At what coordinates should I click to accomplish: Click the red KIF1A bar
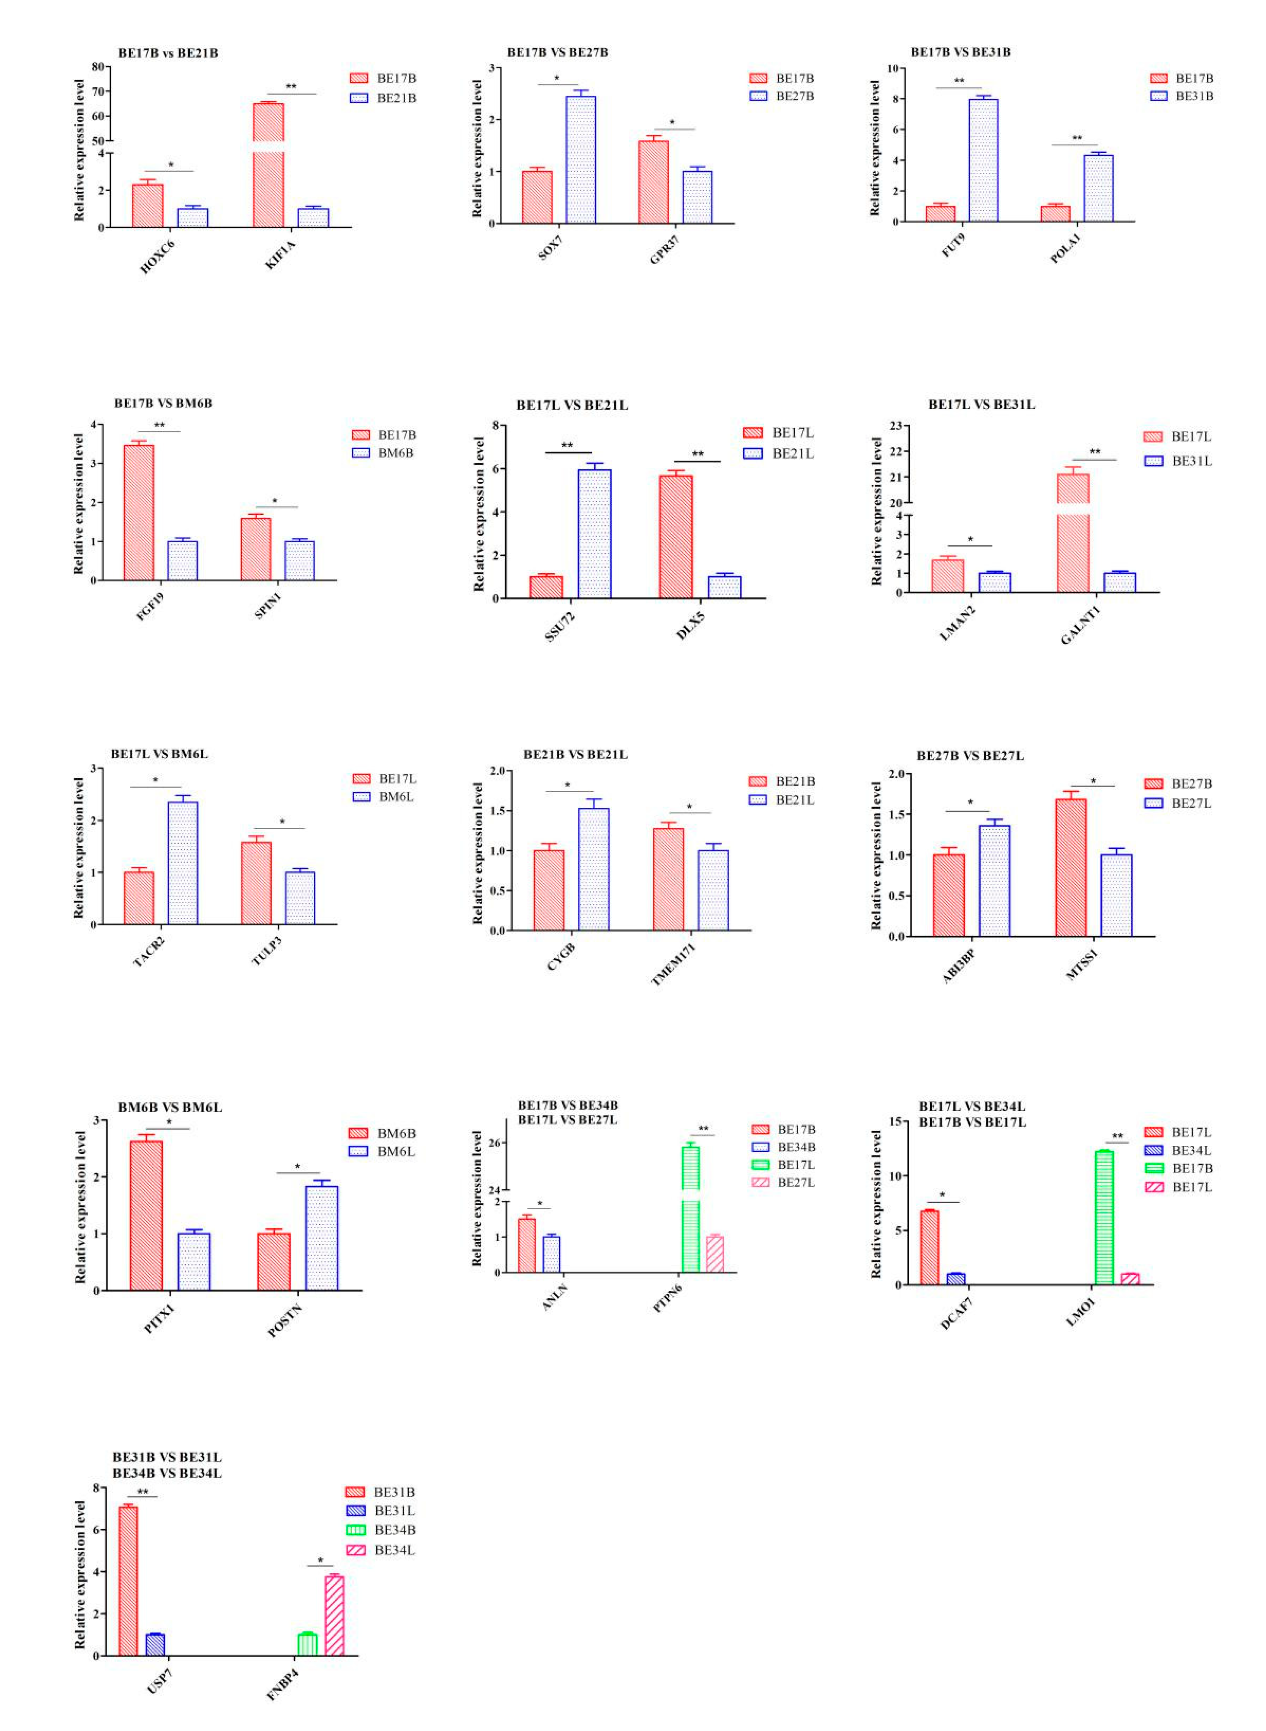click(x=268, y=165)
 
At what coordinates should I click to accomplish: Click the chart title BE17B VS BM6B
click(x=163, y=403)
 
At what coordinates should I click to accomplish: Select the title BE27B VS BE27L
click(x=970, y=756)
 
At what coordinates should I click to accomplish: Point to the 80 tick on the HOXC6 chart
click(x=98, y=67)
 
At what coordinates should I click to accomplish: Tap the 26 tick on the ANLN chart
click(x=494, y=1143)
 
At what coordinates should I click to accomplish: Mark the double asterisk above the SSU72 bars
click(x=567, y=445)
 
